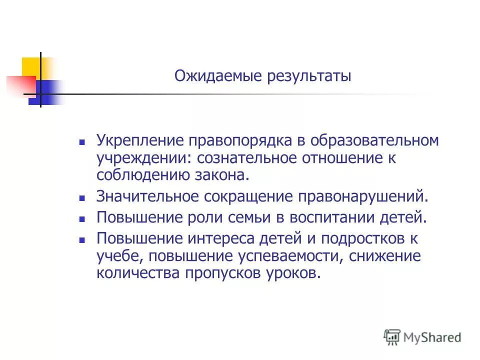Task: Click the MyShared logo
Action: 422,336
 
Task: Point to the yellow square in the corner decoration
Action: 31,67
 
